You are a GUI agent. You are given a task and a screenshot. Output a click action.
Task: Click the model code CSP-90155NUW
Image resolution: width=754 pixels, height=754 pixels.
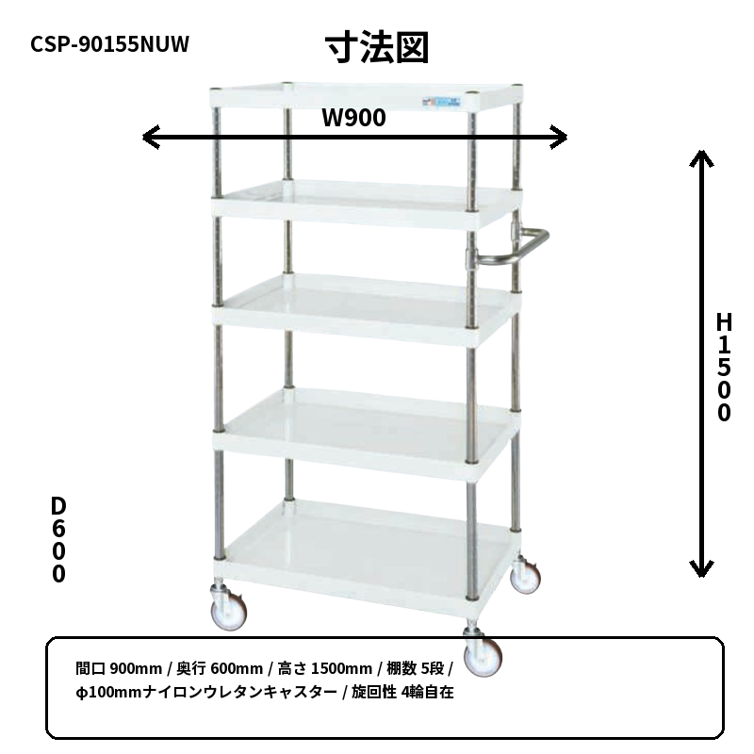pos(109,43)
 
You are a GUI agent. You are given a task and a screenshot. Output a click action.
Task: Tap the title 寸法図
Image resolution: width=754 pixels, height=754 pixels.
pos(377,48)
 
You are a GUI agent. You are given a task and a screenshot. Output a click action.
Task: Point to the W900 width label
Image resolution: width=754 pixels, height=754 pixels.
pos(353,118)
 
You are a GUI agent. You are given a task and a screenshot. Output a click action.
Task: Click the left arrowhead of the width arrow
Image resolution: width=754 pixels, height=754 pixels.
pos(151,138)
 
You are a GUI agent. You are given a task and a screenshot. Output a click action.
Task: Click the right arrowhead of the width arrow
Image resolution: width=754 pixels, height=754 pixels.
pos(559,138)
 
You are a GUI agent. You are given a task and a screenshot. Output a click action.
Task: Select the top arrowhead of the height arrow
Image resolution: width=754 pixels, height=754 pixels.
pos(701,157)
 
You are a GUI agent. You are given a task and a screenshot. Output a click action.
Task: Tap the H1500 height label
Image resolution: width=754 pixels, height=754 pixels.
pos(724,367)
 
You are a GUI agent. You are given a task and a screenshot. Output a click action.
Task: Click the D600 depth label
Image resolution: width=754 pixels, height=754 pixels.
pos(58,539)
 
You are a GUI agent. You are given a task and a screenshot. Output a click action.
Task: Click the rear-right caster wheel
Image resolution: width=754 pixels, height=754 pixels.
pos(525,576)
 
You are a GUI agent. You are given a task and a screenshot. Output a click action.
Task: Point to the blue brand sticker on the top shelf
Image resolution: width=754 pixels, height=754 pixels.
pos(441,102)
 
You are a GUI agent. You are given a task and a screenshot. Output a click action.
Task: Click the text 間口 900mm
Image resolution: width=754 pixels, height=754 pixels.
pos(119,668)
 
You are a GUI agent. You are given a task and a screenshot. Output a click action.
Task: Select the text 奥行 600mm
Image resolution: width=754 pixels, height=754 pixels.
pos(220,668)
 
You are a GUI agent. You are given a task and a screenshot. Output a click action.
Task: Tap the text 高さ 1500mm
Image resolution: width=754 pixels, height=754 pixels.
pos(325,668)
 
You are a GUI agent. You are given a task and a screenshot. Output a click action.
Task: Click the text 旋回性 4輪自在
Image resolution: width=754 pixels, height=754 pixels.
pos(402,692)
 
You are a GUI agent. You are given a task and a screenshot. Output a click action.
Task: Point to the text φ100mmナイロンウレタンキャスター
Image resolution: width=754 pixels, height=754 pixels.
pos(206,692)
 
